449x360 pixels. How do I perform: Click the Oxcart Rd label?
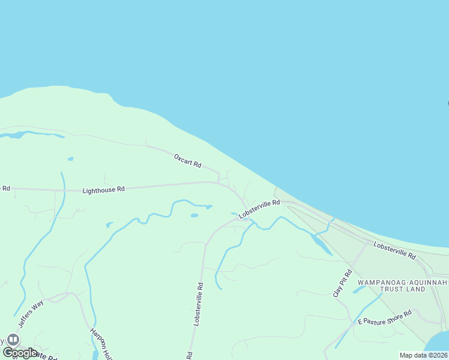tap(187, 161)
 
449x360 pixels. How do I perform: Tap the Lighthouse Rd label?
tap(103, 190)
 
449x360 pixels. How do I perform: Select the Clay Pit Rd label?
tap(342, 283)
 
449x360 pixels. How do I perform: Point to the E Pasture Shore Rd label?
tap(385, 317)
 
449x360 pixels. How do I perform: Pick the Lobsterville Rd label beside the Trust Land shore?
tap(394, 251)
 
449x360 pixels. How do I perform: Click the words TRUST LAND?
tap(400, 289)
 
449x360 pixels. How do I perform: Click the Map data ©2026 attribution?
tap(424, 355)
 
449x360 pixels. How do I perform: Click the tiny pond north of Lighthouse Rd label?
tap(71, 159)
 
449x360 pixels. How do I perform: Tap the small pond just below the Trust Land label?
tap(358, 290)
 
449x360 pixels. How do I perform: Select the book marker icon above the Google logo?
tap(13, 340)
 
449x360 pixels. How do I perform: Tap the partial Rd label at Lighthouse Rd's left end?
tap(5, 188)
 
